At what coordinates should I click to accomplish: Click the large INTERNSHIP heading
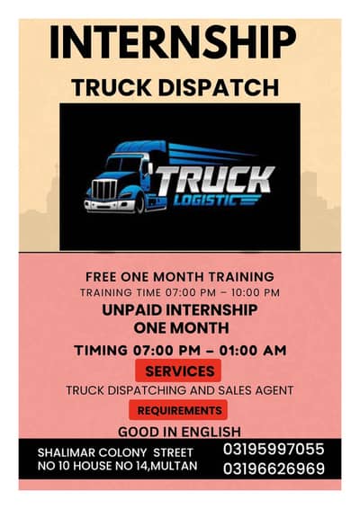click(172, 41)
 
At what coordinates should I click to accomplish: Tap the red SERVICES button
click(179, 371)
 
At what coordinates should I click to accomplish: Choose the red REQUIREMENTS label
click(179, 410)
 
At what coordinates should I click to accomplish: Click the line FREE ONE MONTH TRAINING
click(179, 277)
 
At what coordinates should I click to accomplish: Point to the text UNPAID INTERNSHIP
click(179, 310)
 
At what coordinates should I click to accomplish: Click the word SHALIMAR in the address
click(67, 451)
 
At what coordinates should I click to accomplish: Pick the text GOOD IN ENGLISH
click(179, 432)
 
